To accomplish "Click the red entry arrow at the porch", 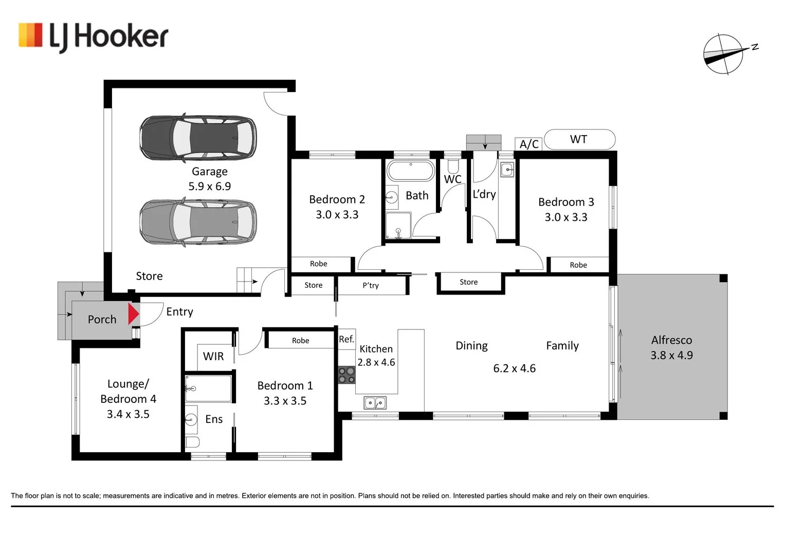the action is pyautogui.click(x=134, y=314).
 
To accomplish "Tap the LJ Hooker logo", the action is pyautogui.click(x=94, y=37).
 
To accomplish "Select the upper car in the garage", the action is pyautogui.click(x=198, y=137).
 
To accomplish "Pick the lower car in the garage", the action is pyautogui.click(x=198, y=222).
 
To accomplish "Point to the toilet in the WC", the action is pyautogui.click(x=453, y=166).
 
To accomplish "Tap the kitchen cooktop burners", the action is pyautogui.click(x=346, y=375).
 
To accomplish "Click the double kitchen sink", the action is pyautogui.click(x=375, y=403).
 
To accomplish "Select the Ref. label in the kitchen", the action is pyautogui.click(x=346, y=339).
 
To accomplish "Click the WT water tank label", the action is pyautogui.click(x=578, y=139).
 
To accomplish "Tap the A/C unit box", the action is pyautogui.click(x=529, y=144).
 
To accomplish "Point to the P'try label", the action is pyautogui.click(x=371, y=286).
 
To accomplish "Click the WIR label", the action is pyautogui.click(x=213, y=356).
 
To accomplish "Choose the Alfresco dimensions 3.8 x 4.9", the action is pyautogui.click(x=672, y=355).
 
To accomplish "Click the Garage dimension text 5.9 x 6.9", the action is pyautogui.click(x=210, y=186).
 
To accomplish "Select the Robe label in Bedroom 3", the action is pyautogui.click(x=578, y=265).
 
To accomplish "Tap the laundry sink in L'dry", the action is pyautogui.click(x=507, y=170).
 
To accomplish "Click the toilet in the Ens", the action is pyautogui.click(x=192, y=442).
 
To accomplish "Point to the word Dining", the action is pyautogui.click(x=472, y=346).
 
